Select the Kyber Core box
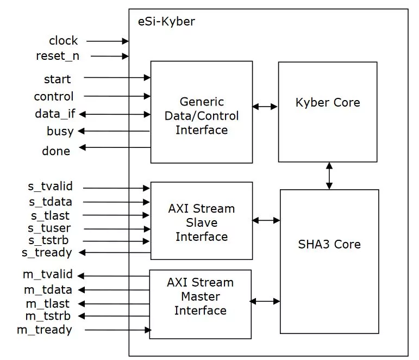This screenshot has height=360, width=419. (328, 111)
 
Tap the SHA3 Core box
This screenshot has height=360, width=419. (329, 261)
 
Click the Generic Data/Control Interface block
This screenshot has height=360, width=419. (201, 112)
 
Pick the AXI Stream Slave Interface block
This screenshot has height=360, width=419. (201, 220)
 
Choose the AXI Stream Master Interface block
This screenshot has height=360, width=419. (200, 304)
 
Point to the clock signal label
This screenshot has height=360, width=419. (63, 41)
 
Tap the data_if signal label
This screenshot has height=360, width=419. (53, 114)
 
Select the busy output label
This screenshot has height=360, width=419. (60, 131)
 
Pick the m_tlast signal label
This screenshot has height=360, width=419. (47, 304)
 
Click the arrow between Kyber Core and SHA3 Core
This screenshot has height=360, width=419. (329, 176)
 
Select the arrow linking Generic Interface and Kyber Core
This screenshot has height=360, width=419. (265, 107)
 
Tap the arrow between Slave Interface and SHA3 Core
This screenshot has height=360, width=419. (266, 220)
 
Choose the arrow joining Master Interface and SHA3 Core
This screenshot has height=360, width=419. (265, 301)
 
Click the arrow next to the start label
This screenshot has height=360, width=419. (117, 78)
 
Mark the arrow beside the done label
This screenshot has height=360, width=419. (114, 147)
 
